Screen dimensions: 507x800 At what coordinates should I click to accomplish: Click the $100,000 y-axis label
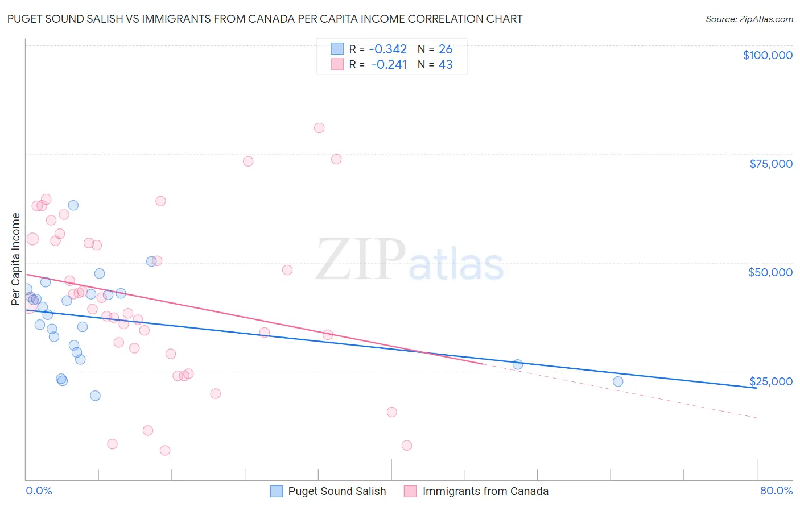767,55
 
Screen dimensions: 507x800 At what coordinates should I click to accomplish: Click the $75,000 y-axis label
770,164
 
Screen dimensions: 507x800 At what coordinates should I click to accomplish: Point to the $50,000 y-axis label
770,272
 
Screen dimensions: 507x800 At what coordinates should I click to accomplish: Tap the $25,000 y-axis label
770,381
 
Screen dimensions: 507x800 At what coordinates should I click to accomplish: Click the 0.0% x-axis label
39,491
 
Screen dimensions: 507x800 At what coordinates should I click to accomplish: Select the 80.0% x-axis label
776,491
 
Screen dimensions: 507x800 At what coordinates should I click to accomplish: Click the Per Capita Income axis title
16,259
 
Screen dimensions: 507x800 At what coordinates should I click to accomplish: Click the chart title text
265,19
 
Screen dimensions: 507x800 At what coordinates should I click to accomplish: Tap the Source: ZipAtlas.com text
749,19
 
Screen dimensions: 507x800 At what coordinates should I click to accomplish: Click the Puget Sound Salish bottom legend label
337,491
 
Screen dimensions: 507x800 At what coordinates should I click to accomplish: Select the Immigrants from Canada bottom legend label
485,491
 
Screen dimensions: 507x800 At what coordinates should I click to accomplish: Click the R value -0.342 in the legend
387,49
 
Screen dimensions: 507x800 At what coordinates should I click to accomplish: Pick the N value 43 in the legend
446,64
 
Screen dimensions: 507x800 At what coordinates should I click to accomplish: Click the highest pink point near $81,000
319,128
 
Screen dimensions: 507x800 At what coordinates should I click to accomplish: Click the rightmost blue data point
618,381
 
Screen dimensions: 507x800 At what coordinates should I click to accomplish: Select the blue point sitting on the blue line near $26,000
518,364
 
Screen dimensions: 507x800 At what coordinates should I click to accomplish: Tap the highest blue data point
73,205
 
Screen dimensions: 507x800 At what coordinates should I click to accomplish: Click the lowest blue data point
95,396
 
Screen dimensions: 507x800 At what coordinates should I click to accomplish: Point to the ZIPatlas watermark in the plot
410,261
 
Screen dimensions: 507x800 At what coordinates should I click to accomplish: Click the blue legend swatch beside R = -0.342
337,49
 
